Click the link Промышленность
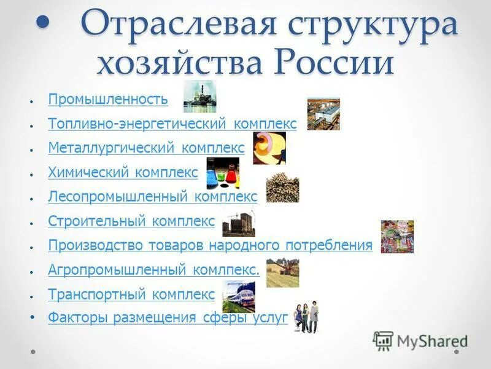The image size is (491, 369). [108, 99]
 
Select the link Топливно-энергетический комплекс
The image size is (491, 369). [172, 124]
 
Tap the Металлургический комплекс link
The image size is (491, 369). [146, 148]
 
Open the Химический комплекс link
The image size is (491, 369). [123, 173]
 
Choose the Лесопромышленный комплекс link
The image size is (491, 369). [153, 197]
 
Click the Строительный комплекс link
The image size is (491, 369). [131, 221]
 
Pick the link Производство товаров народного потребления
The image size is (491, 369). [210, 245]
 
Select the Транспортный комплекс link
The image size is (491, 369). [131, 294]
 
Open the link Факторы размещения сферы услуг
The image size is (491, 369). [168, 318]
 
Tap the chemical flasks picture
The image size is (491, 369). [223, 173]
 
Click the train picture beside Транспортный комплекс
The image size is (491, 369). [239, 296]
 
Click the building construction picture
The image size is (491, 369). [238, 223]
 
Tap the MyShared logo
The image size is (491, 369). [420, 340]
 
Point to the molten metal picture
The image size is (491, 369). [269, 148]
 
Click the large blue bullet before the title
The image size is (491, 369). [42, 22]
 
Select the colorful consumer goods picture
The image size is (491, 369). [397, 237]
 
